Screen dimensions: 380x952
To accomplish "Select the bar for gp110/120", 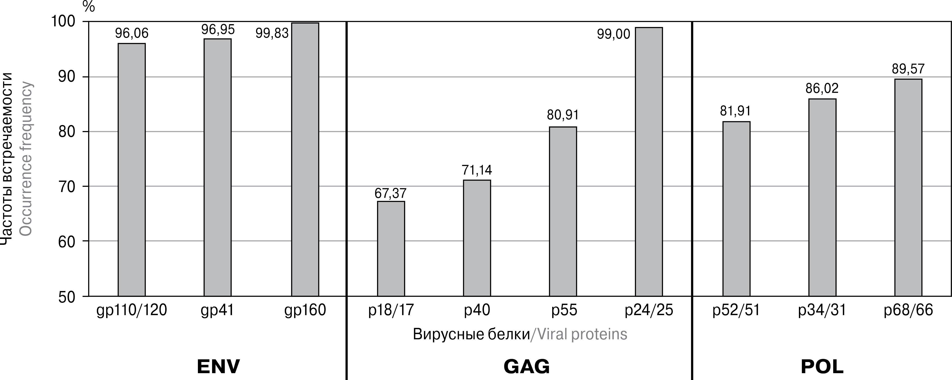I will pyautogui.click(x=132, y=170).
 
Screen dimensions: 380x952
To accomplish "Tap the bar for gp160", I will pyautogui.click(x=305, y=159).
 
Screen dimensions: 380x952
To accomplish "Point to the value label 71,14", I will pyautogui.click(x=477, y=170).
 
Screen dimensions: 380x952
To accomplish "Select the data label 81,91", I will pyautogui.click(x=735, y=111).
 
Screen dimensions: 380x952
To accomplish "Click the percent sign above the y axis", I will pyautogui.click(x=89, y=7).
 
